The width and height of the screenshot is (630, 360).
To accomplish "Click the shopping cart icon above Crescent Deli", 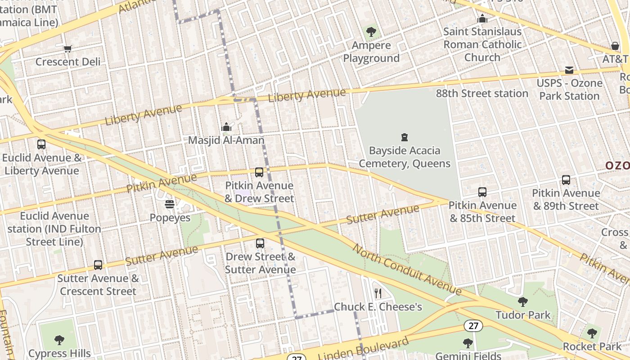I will pos(67,49).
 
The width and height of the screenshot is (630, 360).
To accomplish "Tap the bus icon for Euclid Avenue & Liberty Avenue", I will pos(41,144).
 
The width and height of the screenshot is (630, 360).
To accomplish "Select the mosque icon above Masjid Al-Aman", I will pos(226,127).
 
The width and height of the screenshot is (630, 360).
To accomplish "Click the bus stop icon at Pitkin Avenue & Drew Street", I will pos(259,172).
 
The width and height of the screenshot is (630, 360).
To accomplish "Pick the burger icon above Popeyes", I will pos(170,205).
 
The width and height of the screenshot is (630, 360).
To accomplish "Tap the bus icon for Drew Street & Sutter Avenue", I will pos(260,243).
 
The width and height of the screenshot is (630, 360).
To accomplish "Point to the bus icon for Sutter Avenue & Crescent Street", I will pos(98,265).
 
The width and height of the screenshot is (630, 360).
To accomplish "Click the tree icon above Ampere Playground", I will pos(371,32).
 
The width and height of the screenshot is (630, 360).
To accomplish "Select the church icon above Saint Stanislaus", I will pos(482,18).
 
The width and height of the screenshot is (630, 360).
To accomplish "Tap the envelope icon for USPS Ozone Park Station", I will pos(569,70).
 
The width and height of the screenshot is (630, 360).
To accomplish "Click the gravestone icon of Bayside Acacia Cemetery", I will pos(404,137).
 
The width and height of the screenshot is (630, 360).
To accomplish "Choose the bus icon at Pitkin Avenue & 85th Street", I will pos(482,192).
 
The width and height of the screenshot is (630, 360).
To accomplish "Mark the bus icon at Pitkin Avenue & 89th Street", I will pos(566,180).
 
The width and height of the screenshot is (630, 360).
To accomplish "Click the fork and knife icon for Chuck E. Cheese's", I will pos(378,293).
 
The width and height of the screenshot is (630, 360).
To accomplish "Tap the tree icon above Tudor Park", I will pos(522,301).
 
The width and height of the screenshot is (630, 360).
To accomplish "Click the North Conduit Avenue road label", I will pos(406,269).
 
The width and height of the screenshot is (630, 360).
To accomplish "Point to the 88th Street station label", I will pos(482,94).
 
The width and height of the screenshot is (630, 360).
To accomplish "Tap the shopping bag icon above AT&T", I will pos(615,46).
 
